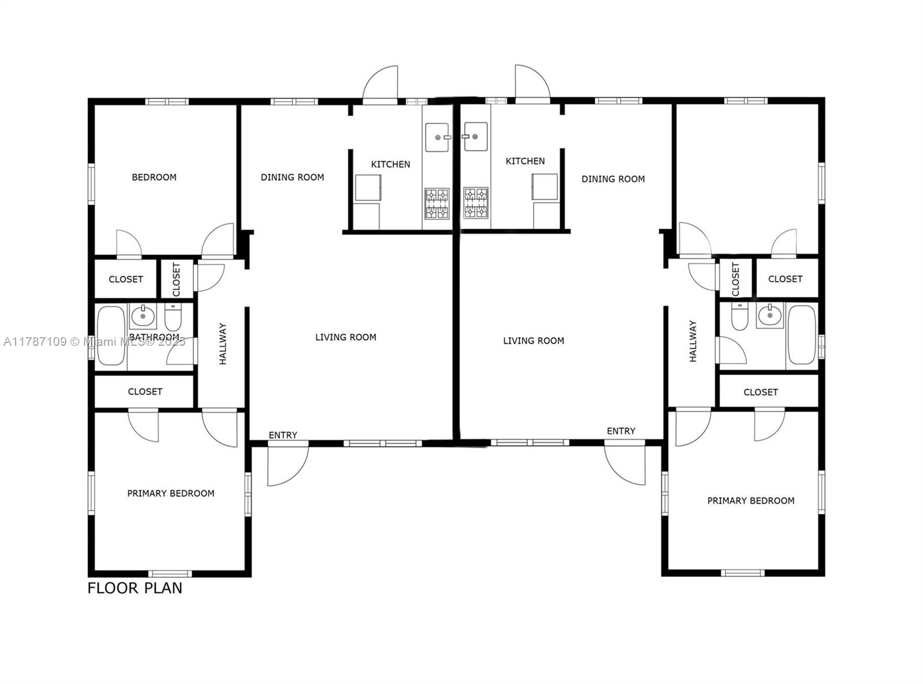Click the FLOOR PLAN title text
pos(134,588)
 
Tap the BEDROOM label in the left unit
pos(154,177)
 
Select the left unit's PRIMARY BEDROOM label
pos(171,494)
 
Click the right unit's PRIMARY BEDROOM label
pos(751,501)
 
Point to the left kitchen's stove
pos(437,204)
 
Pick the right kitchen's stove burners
pos(476,203)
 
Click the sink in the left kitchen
pos(437,137)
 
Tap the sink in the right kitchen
pos(476,137)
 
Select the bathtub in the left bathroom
pos(111,337)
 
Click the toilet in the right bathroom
pos(740,316)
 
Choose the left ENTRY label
pos(283,435)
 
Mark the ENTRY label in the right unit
pos(621,431)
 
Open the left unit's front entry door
pos(287,465)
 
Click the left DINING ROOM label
pos(292,177)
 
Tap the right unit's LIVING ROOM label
pos(534,341)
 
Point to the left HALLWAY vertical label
pos(223,344)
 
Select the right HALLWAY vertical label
pos(693,342)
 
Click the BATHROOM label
pos(154,337)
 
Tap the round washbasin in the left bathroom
pos(142,316)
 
